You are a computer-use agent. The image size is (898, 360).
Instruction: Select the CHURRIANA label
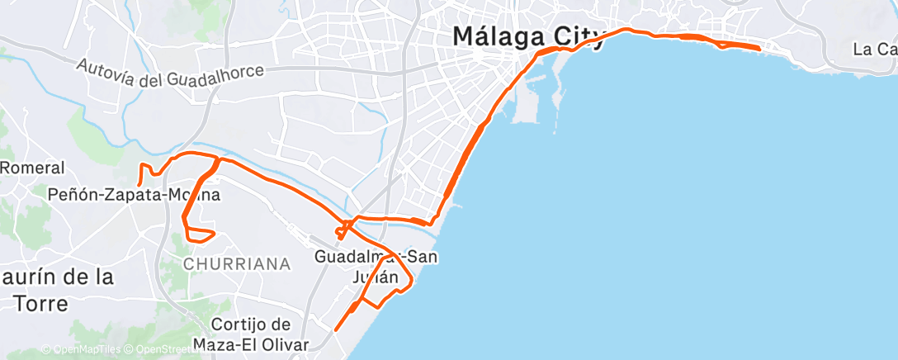[x=238, y=264]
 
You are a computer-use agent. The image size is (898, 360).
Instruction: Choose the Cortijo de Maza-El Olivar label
[x=250, y=334]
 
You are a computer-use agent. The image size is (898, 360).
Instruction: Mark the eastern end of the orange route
[x=759, y=49]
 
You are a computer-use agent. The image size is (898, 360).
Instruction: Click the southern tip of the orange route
[x=336, y=330]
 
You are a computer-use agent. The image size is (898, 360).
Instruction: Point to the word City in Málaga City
[x=579, y=37]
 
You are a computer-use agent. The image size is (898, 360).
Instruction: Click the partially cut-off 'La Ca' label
[x=875, y=49]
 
